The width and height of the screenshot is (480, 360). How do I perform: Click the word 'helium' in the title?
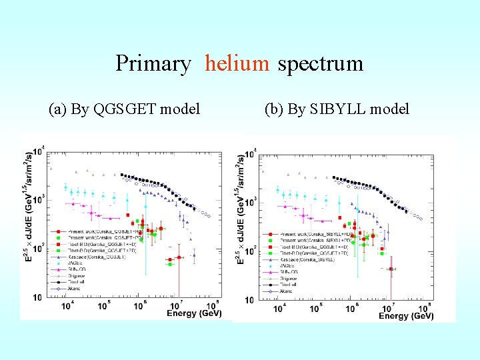pos(237,63)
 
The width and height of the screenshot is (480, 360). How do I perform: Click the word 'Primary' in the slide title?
pos(153,64)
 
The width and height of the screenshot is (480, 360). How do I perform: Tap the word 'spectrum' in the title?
pos(320,63)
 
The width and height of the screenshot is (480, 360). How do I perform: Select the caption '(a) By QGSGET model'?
pos(125,109)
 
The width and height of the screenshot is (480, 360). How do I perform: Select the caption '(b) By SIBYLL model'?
pos(337,109)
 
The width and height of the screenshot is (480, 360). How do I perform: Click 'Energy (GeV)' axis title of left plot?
pos(194,313)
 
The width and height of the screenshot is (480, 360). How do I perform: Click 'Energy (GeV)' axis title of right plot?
pos(406,315)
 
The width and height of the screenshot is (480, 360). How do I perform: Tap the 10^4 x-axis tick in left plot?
pos(67,305)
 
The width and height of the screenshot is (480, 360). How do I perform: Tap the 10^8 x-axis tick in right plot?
pos(424,308)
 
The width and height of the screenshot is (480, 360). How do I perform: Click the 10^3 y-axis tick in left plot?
pos(39,199)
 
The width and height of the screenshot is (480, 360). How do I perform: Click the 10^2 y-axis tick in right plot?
pos(249,251)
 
